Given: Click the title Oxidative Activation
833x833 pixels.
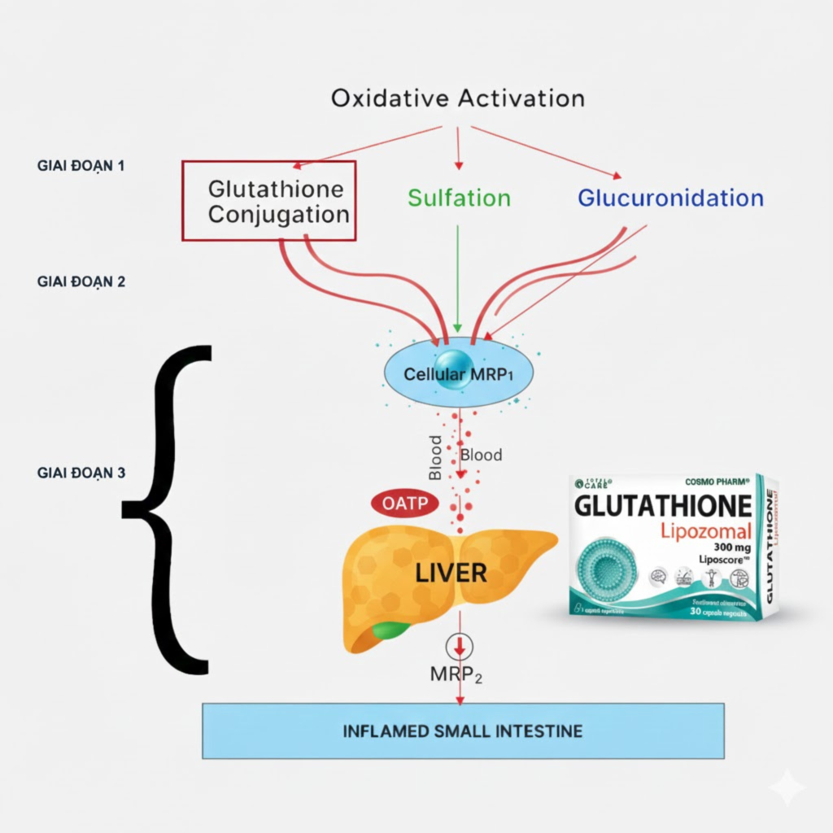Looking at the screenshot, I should tap(457, 99).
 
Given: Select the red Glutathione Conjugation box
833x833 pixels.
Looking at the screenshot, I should tap(269, 201).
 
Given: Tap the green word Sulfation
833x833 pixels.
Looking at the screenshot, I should tap(459, 198).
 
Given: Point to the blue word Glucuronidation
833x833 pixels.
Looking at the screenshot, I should tap(670, 198).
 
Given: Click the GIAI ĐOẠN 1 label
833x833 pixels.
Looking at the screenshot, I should tap(81, 165).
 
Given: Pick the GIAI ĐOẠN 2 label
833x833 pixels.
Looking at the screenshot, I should tap(81, 281).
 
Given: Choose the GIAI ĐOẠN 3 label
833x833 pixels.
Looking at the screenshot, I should tap(81, 472).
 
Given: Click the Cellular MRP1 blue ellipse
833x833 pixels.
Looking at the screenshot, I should tap(460, 373).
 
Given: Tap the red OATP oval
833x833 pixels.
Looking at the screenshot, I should tap(404, 504).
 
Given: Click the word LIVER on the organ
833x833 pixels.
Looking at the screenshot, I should tap(451, 573).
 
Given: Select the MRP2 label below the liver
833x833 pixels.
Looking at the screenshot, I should tap(456, 674).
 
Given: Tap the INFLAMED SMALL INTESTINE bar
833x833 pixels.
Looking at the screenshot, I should tap(463, 731).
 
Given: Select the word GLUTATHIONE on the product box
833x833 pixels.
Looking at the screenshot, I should tap(662, 506).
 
